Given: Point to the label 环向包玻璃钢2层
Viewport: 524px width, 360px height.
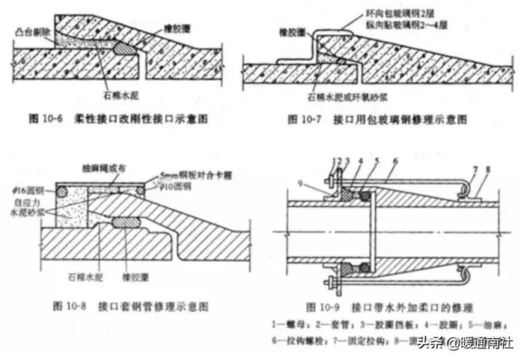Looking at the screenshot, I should (x=396, y=14).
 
